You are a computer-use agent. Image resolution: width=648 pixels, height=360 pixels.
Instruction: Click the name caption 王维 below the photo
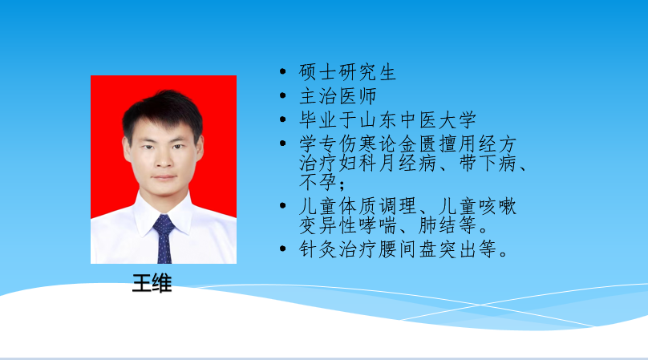(152, 283)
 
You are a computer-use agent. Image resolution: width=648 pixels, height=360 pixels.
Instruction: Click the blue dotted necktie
(164, 239)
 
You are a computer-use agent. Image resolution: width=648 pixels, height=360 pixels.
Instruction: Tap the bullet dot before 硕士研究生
(282, 71)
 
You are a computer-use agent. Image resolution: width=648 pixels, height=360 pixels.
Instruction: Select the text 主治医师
(338, 96)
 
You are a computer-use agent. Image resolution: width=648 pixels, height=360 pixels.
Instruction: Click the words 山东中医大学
(418, 119)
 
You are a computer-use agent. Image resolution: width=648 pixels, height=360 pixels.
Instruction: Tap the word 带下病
(488, 163)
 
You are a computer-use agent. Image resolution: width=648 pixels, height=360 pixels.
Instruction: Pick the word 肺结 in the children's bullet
(437, 225)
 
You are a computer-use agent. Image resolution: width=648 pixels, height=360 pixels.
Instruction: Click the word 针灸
(318, 249)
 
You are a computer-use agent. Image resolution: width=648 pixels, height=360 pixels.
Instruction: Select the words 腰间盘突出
(427, 249)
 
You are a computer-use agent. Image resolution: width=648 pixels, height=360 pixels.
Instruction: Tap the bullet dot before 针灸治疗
(282, 249)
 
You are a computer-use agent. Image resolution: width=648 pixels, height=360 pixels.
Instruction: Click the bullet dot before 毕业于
(282, 119)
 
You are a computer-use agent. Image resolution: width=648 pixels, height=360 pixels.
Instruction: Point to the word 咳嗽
(497, 206)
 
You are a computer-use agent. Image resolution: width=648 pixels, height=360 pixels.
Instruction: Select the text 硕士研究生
(347, 72)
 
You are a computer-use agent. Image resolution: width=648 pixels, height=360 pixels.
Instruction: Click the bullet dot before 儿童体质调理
(282, 205)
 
